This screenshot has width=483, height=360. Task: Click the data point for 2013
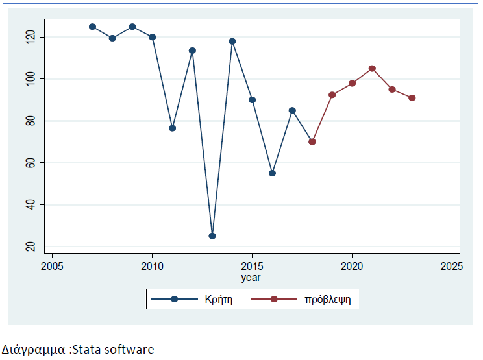pyautogui.click(x=212, y=235)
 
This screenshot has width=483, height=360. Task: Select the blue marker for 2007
pyautogui.click(x=92, y=27)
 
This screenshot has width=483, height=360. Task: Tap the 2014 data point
pyautogui.click(x=232, y=42)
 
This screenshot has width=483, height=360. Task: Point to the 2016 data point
pyautogui.click(x=272, y=173)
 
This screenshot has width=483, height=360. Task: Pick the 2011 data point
pyautogui.click(x=172, y=128)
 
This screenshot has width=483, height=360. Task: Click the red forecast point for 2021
pyautogui.click(x=372, y=68)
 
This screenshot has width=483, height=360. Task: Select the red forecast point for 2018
pyautogui.click(x=312, y=141)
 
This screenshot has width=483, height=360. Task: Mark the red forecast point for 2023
pyautogui.click(x=412, y=98)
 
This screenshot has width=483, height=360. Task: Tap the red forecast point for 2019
pyautogui.click(x=332, y=95)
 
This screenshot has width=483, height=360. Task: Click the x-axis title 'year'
pyautogui.click(x=251, y=278)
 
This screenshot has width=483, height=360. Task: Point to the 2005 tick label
pyautogui.click(x=52, y=267)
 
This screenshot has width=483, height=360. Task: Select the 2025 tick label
pyautogui.click(x=451, y=267)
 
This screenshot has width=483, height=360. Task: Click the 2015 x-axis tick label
pyautogui.click(x=252, y=267)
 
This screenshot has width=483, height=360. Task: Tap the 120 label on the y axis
pyautogui.click(x=29, y=37)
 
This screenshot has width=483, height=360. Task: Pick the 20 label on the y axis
pyautogui.click(x=29, y=246)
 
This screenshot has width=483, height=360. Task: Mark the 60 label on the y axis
pyautogui.click(x=29, y=163)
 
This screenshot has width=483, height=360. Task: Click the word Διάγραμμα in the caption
pyautogui.click(x=34, y=350)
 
